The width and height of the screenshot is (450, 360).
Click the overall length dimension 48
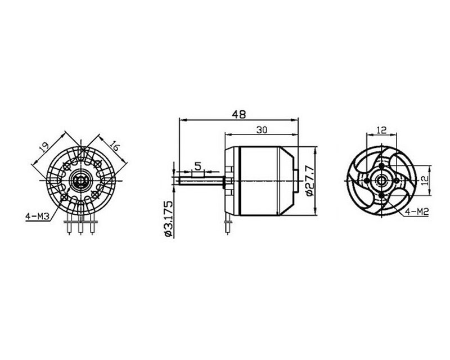click(x=238, y=114)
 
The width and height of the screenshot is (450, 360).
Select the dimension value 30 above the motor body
click(x=262, y=129)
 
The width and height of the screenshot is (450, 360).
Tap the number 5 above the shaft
click(x=197, y=165)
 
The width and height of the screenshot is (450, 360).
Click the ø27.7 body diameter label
click(x=308, y=180)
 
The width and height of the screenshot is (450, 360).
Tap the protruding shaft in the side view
click(x=200, y=181)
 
